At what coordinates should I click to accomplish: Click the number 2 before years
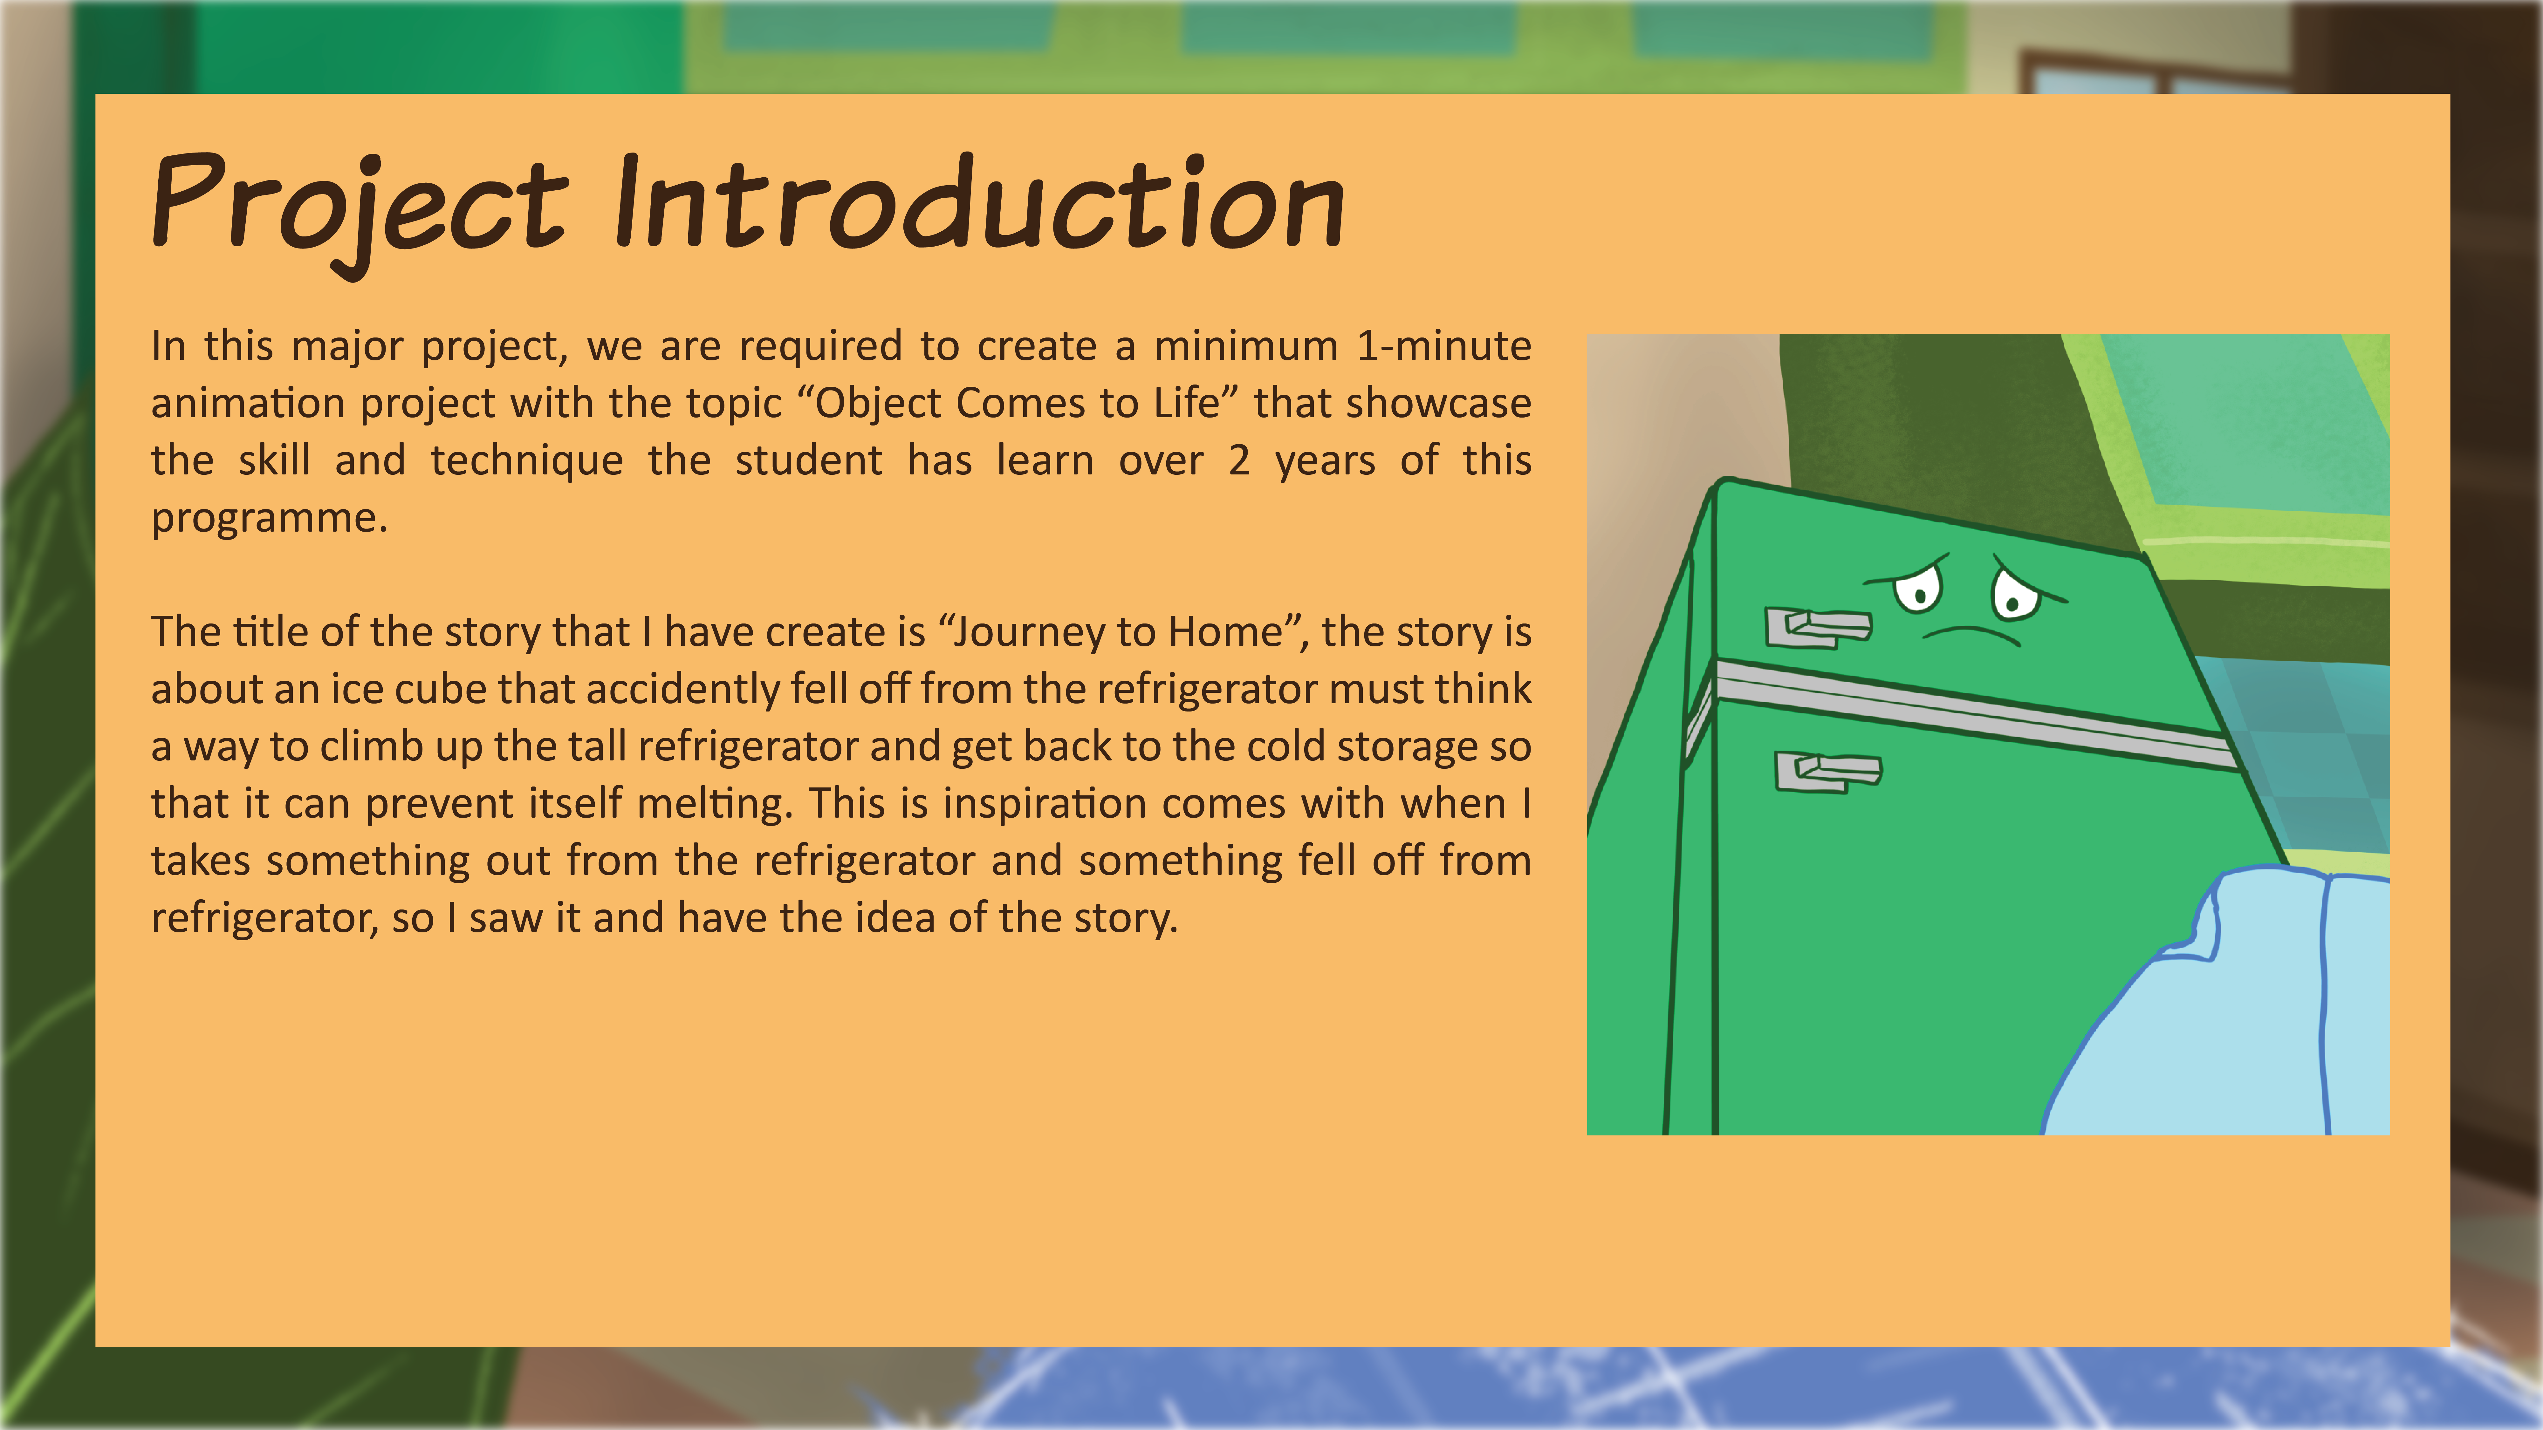coord(1239,461)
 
